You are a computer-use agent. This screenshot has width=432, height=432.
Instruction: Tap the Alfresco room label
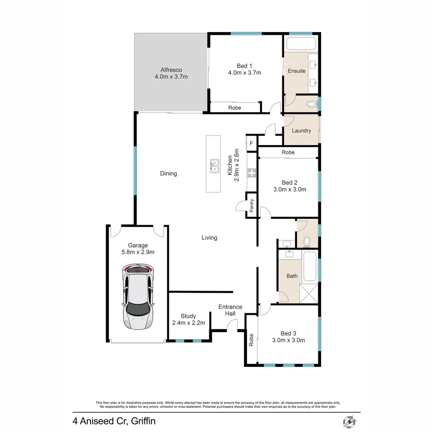(171, 70)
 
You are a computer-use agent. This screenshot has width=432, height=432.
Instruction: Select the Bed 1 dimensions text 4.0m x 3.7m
(245, 73)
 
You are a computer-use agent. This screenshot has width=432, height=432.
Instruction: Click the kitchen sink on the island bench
(215, 165)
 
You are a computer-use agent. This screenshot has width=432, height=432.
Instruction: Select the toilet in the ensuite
(311, 104)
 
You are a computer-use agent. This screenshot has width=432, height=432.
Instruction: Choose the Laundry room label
(302, 131)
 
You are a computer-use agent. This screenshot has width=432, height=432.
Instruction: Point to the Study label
(188, 316)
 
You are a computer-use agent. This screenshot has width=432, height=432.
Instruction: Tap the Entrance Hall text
(230, 310)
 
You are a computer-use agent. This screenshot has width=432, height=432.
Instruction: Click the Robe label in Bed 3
(251, 340)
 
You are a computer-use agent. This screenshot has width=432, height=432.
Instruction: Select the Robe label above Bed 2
(288, 152)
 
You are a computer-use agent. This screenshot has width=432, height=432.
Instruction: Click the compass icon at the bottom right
(350, 421)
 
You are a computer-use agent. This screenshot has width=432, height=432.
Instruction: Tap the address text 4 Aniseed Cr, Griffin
(114, 421)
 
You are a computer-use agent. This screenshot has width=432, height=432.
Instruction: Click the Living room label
(209, 238)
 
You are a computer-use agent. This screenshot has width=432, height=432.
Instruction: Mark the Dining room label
(168, 174)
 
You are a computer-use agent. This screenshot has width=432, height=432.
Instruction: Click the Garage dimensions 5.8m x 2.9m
(138, 252)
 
